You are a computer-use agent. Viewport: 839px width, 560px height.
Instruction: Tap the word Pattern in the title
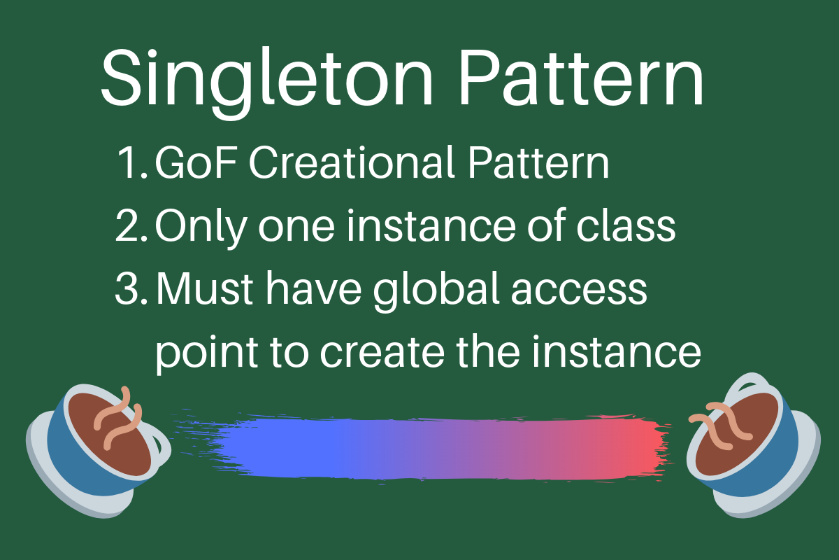(580, 76)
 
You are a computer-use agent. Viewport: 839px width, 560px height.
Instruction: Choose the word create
(396, 353)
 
